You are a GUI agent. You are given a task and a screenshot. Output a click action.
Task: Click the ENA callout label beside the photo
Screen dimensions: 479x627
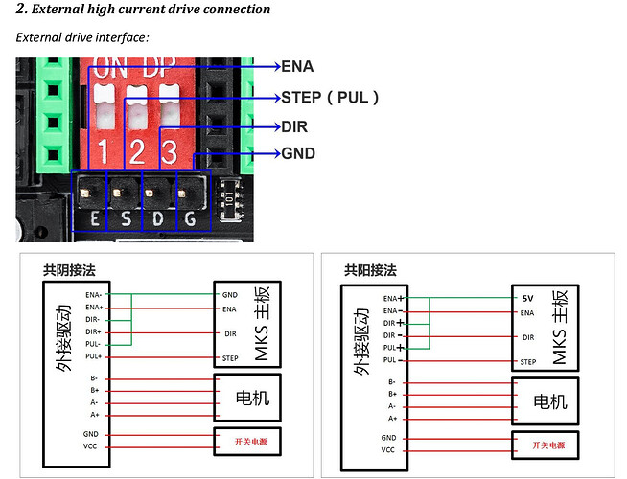coord(297,67)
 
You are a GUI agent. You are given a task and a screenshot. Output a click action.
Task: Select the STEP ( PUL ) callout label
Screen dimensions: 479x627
coord(330,97)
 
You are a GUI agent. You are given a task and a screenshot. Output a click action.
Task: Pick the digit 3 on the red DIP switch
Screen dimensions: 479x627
coord(169,150)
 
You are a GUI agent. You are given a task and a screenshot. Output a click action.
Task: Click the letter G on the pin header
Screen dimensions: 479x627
coord(190,219)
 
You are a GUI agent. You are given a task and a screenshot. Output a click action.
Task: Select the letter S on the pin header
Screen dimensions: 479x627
coord(127,219)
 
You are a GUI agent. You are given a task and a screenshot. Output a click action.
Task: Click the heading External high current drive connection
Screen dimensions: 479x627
coord(144,10)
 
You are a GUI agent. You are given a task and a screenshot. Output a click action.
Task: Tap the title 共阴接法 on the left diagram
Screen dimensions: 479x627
coord(69,271)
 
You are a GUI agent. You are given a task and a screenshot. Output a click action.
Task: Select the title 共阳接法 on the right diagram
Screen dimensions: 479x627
coord(370,271)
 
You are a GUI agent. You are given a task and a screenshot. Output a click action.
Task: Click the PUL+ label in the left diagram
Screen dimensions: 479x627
coord(92,356)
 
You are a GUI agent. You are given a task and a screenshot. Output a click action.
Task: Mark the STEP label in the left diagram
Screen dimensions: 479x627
coord(230,357)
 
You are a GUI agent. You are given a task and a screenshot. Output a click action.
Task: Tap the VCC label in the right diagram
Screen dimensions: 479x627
coord(388,449)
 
